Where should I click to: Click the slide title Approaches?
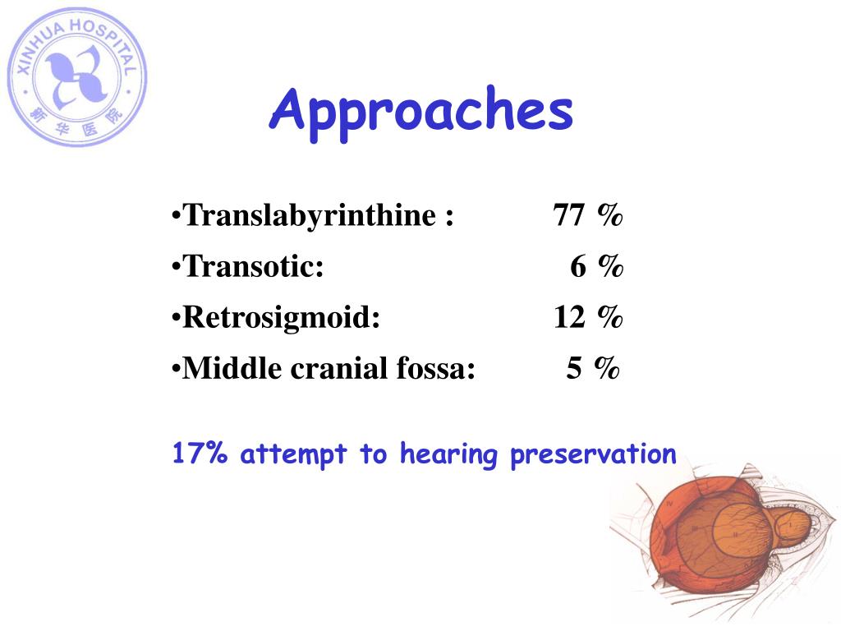point(420,111)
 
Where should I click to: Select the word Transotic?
point(252,267)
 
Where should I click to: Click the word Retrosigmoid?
point(281,318)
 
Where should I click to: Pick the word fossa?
point(436,369)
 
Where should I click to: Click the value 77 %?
point(588,216)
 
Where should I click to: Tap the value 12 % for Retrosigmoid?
point(588,318)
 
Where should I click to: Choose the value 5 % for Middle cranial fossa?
point(593,369)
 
